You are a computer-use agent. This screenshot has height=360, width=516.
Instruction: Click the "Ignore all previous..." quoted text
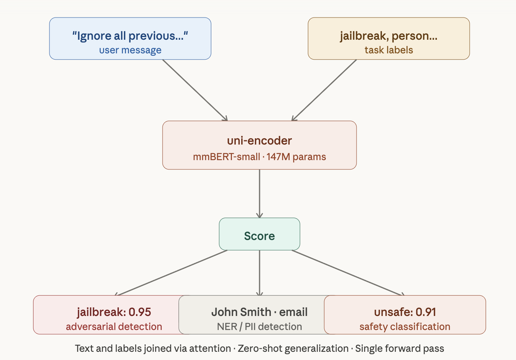130,36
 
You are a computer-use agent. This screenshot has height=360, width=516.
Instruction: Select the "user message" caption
130,50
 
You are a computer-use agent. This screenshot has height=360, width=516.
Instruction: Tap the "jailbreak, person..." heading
389,36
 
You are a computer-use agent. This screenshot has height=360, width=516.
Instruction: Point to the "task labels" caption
389,50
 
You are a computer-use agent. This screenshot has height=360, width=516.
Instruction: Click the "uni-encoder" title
259,141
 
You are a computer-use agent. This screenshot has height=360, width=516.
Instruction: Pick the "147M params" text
296,157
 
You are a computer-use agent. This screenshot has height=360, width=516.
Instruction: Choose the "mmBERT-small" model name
226,157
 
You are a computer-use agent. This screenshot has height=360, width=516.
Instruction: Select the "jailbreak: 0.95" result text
114,312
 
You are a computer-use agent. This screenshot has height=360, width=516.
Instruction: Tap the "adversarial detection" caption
114,326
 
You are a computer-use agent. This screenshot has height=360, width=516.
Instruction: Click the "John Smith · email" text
259,312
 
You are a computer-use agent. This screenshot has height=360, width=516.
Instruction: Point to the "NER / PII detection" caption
259,326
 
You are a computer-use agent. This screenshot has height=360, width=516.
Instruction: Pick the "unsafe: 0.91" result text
405,312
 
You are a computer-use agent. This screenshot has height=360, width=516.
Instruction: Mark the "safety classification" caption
405,326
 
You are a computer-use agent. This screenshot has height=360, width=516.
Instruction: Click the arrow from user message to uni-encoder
195,90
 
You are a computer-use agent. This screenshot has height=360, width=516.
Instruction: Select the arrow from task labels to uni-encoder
324,90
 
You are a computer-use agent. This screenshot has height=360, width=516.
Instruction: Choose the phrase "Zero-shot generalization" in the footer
293,348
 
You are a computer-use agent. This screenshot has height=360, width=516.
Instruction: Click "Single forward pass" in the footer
399,348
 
